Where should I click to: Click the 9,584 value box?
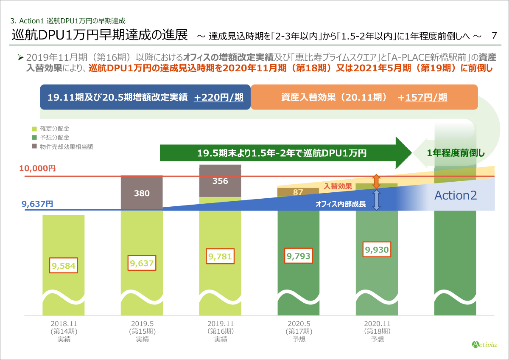pos(63,266)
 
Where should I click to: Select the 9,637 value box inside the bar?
pos(142,263)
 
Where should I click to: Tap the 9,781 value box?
pos(220,256)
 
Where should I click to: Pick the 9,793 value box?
pos(299,256)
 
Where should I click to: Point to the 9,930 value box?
pos(377,250)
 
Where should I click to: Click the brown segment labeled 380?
pos(142,193)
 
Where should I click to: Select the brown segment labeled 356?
pos(220,181)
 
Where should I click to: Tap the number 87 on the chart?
pos(298,192)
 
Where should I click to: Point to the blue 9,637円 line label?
pos(37,204)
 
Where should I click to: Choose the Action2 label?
pos(456,195)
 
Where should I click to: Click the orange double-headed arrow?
pos(376,181)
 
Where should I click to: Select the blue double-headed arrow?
pos(376,200)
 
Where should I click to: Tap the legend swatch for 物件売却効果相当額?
pos(34,146)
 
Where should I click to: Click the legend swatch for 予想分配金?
pos(34,138)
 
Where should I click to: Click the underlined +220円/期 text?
pos(218,97)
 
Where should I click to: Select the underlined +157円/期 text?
pos(422,97)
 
